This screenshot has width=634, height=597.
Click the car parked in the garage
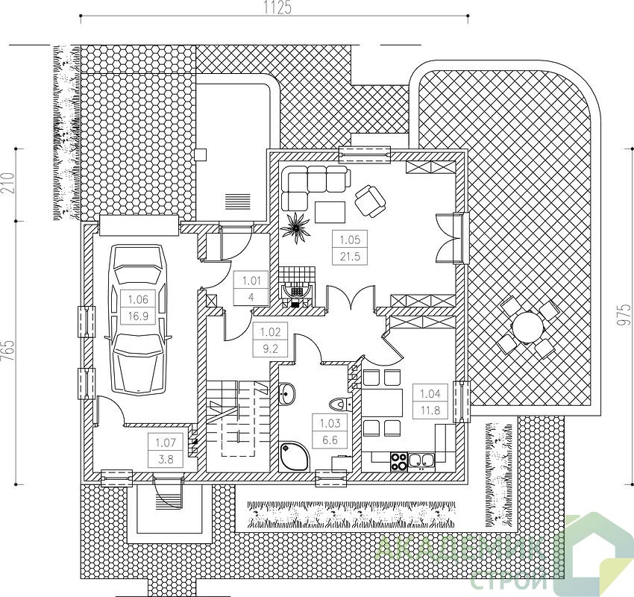pyautogui.click(x=137, y=319)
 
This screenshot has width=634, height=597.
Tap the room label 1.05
pyautogui.click(x=350, y=240)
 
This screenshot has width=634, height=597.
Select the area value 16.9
pyautogui.click(x=138, y=316)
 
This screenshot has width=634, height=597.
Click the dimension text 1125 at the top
pyautogui.click(x=277, y=8)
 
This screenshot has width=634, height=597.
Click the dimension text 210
pyautogui.click(x=8, y=184)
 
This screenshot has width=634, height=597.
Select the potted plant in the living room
pyautogui.click(x=295, y=228)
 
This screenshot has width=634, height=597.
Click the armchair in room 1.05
pyautogui.click(x=369, y=200)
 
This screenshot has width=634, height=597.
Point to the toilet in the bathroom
pyautogui.click(x=339, y=404)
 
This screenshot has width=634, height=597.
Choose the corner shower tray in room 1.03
pyautogui.click(x=295, y=457)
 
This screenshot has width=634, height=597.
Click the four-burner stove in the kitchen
pyautogui.click(x=399, y=461)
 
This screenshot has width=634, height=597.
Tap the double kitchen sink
pyautogui.click(x=421, y=460)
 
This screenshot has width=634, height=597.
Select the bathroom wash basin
pyautogui.click(x=287, y=393)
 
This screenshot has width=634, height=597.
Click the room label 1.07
pyautogui.click(x=166, y=443)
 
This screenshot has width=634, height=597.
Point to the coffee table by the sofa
pyautogui.click(x=330, y=213)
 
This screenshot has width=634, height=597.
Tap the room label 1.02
pyautogui.click(x=269, y=333)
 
